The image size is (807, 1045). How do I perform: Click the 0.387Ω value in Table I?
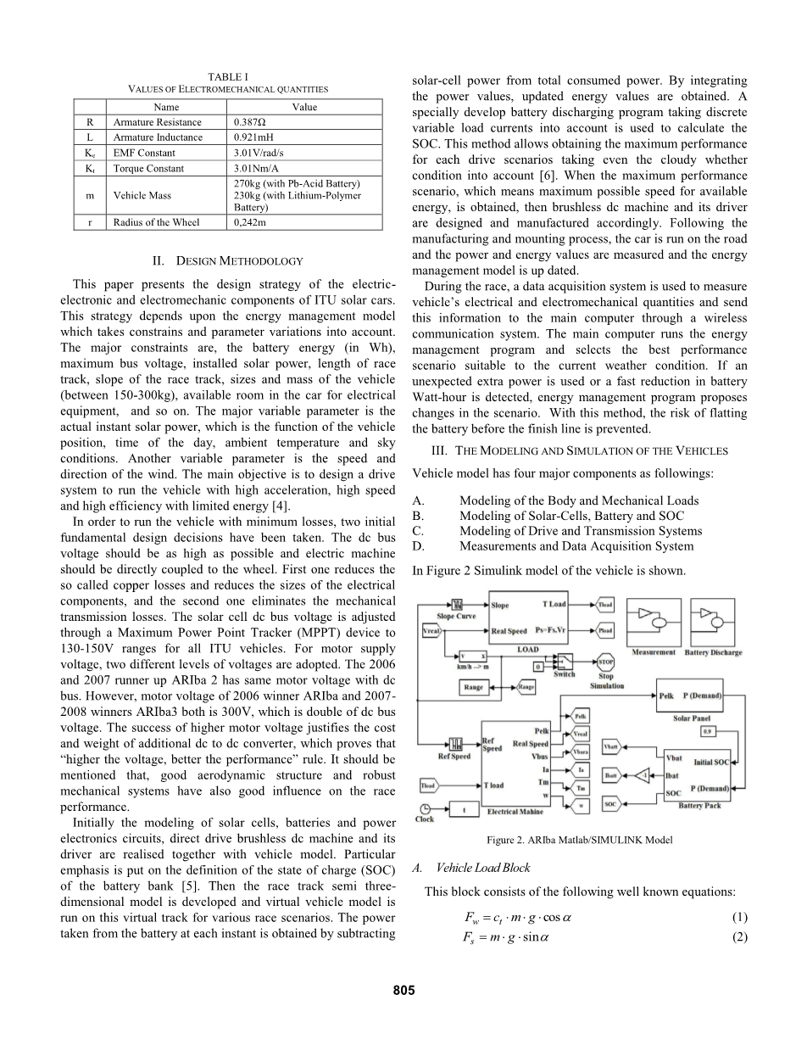[250, 122]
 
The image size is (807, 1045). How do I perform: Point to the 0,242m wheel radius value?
[249, 222]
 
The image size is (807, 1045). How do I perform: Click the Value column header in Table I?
[304, 108]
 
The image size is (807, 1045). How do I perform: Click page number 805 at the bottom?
[403, 990]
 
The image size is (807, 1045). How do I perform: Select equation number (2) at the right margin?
[739, 936]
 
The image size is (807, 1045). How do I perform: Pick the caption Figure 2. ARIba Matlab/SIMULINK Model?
[580, 840]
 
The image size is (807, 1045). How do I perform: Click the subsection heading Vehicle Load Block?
[482, 868]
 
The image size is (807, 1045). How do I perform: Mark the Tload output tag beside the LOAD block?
[604, 605]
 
